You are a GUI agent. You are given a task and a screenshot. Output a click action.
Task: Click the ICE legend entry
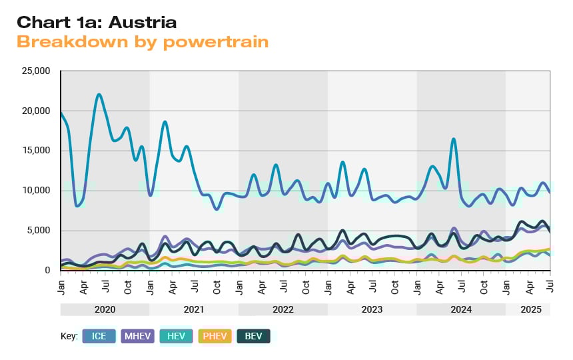(x=99, y=336)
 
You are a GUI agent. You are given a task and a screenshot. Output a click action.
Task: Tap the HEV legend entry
(x=176, y=336)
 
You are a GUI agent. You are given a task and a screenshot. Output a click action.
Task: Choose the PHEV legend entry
(x=215, y=336)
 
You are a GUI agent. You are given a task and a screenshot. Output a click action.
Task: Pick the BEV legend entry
(x=253, y=336)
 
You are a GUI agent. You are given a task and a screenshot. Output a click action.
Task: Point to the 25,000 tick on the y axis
(x=36, y=71)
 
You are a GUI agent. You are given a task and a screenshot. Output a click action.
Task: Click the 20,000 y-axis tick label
(x=36, y=111)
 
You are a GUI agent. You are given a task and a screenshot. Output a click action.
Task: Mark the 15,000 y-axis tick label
(x=36, y=151)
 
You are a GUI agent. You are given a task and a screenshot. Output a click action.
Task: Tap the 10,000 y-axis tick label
(x=36, y=191)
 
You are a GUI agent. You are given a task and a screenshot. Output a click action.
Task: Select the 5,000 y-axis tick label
(x=39, y=231)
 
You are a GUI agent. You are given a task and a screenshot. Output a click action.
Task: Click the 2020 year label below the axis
(x=105, y=310)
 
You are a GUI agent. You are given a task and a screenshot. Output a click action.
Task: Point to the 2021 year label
(x=194, y=310)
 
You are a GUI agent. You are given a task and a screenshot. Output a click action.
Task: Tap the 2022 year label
(x=283, y=310)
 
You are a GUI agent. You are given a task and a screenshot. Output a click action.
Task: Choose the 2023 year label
(x=372, y=310)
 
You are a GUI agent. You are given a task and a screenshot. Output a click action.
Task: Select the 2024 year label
(x=461, y=310)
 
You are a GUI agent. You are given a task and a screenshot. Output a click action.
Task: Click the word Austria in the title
(x=142, y=22)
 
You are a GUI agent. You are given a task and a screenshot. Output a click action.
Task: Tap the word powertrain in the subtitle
(x=215, y=41)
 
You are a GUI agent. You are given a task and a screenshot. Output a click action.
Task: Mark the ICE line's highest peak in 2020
(x=99, y=95)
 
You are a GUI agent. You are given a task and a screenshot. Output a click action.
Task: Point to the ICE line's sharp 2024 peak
(x=454, y=139)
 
